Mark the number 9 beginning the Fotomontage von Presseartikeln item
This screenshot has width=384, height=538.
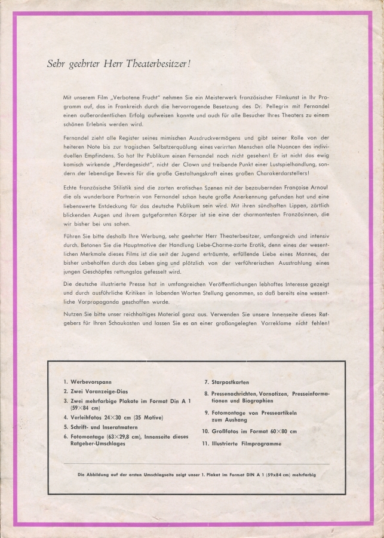click(x=205, y=412)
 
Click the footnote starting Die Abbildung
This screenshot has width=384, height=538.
click(x=197, y=475)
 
